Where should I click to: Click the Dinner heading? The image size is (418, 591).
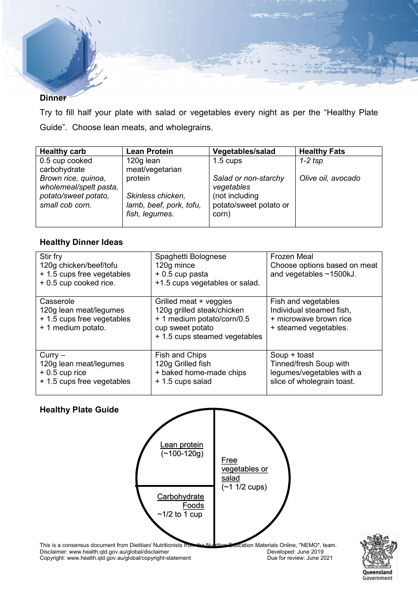pyautogui.click(x=53, y=98)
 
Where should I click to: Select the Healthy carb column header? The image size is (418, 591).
pyautogui.click(x=63, y=151)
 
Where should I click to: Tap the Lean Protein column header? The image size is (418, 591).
pyautogui.click(x=150, y=151)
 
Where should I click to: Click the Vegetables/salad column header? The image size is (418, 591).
pyautogui.click(x=244, y=151)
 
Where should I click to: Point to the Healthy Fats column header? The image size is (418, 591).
pyautogui.click(x=322, y=151)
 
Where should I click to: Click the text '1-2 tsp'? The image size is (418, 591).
pyautogui.click(x=311, y=161)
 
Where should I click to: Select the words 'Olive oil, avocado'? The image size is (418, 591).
pyautogui.click(x=330, y=178)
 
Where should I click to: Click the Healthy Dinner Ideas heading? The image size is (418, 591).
pyautogui.click(x=81, y=242)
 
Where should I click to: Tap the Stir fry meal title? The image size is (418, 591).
pyautogui.click(x=51, y=256)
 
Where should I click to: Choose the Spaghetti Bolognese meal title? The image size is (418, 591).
pyautogui.click(x=191, y=256)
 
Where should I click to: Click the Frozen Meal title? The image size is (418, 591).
pyautogui.click(x=292, y=256)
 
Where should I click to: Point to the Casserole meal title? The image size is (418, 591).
pyautogui.click(x=57, y=301)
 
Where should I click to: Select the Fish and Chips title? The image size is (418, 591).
pyautogui.click(x=181, y=355)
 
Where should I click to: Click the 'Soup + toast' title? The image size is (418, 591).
pyautogui.click(x=292, y=355)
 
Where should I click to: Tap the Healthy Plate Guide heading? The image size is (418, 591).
pyautogui.click(x=79, y=410)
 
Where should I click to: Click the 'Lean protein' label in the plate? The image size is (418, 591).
pyautogui.click(x=182, y=445)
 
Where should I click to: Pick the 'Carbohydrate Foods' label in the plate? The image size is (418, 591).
pyautogui.click(x=181, y=501)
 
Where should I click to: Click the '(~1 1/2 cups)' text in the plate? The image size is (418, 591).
pyautogui.click(x=244, y=487)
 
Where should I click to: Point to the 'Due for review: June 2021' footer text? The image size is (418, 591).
pyautogui.click(x=300, y=558)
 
